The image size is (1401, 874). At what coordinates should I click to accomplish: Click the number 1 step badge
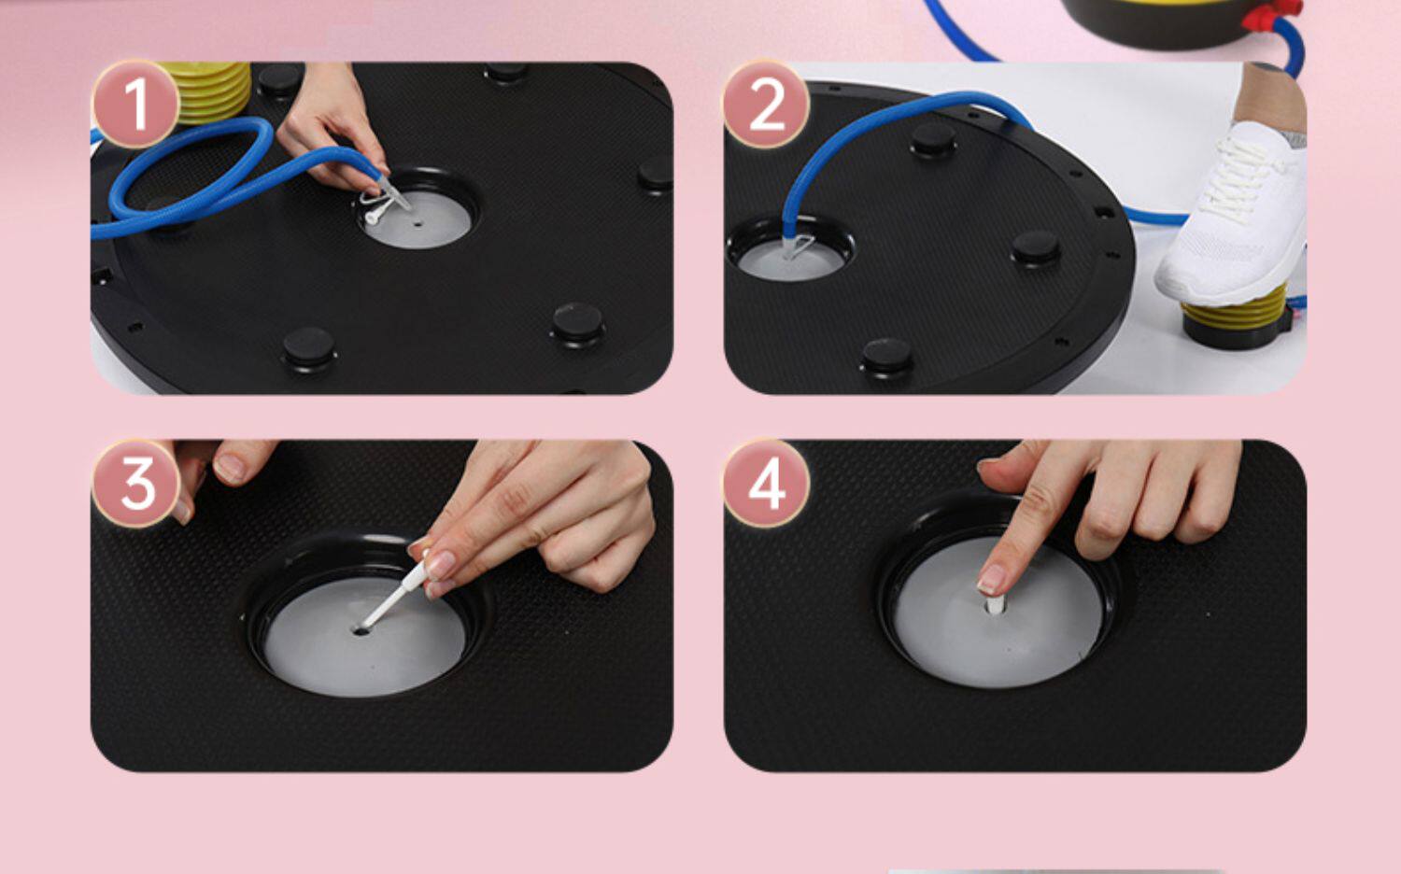click(x=135, y=105)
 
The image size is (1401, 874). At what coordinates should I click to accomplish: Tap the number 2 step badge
click(x=767, y=105)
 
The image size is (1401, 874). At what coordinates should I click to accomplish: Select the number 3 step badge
click(x=136, y=484)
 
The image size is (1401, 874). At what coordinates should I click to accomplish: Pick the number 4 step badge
click(x=767, y=484)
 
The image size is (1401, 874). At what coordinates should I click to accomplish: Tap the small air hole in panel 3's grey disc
click(x=361, y=631)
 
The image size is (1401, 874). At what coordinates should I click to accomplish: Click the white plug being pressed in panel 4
click(x=995, y=604)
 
